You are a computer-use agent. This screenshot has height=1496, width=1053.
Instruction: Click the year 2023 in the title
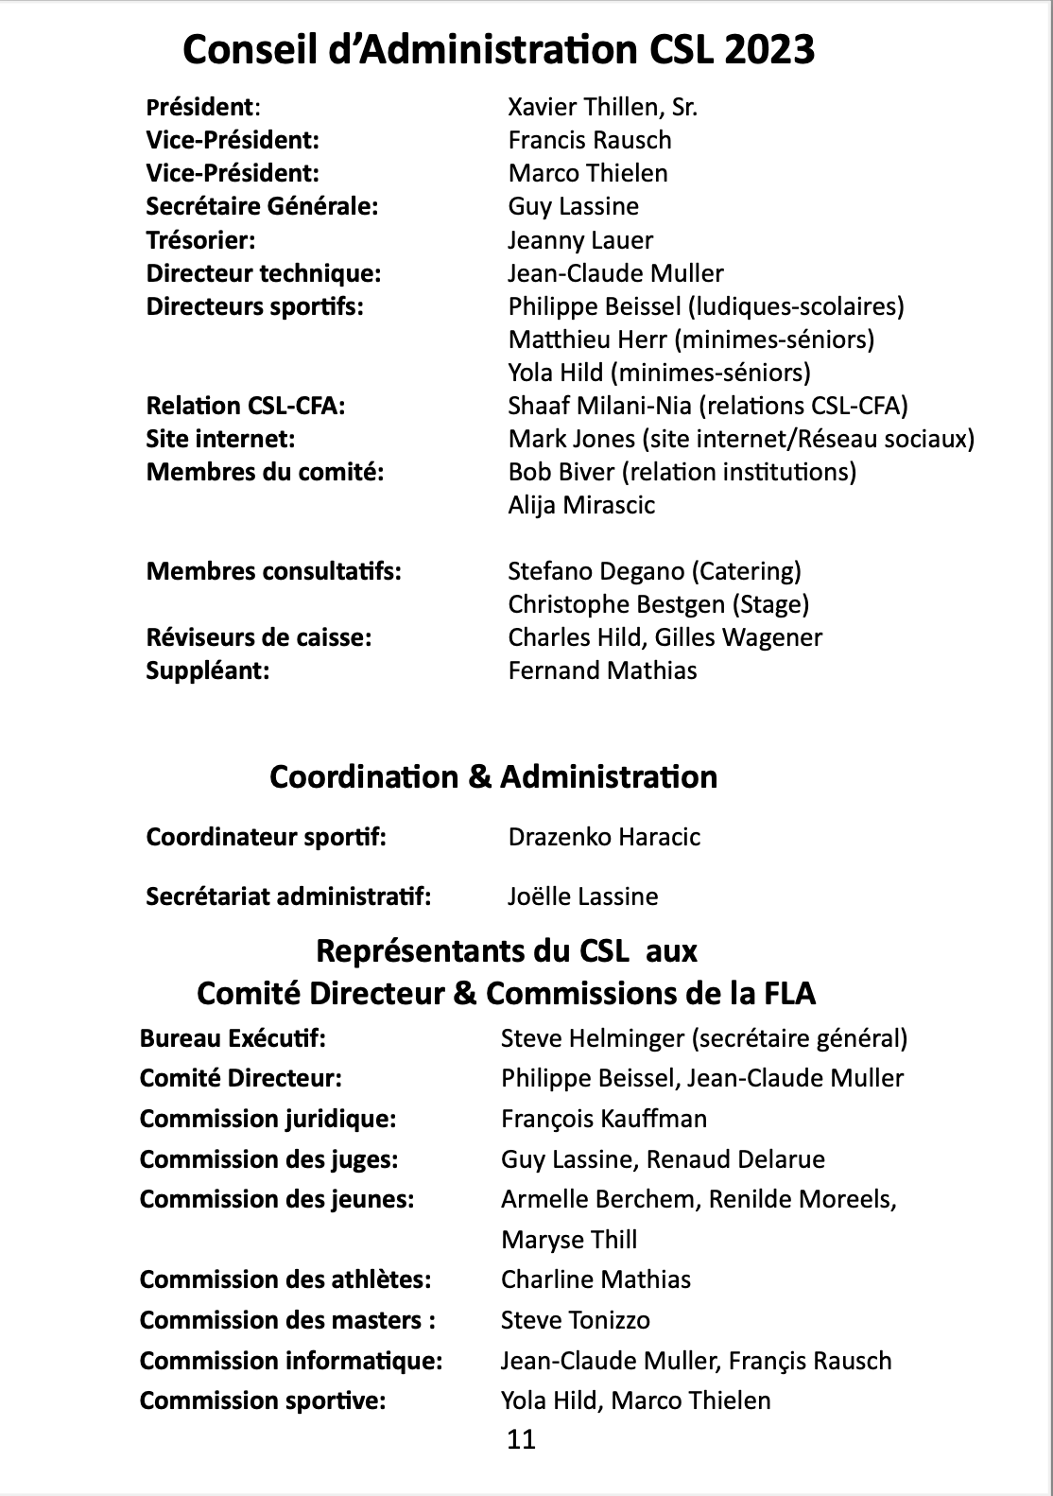tap(769, 48)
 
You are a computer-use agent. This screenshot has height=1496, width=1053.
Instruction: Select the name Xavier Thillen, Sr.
tap(602, 107)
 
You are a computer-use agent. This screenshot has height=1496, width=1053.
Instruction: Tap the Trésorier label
tap(200, 240)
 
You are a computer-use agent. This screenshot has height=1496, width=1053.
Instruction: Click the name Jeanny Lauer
tap(579, 240)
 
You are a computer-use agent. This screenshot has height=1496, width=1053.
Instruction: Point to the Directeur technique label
tap(263, 273)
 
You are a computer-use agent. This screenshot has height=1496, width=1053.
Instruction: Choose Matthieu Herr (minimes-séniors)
tap(690, 339)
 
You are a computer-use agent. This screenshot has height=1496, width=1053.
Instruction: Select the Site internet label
tap(220, 439)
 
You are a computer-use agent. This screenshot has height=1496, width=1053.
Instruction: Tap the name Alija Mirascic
tap(580, 505)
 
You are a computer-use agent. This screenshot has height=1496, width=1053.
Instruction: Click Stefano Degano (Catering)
tap(654, 571)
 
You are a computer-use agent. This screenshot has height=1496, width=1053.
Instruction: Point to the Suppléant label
tap(208, 670)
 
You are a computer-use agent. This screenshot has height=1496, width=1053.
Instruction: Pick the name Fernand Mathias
tap(602, 670)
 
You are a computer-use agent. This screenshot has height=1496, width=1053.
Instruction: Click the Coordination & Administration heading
tap(492, 776)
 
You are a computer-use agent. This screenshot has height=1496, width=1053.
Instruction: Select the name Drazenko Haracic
tap(604, 837)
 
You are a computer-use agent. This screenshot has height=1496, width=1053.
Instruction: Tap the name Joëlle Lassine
tap(582, 896)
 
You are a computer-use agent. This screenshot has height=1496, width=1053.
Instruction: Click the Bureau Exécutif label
tap(233, 1038)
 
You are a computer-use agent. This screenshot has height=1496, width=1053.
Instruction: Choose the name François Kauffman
tap(603, 1119)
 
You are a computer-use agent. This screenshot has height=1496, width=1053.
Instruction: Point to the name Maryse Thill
tap(569, 1240)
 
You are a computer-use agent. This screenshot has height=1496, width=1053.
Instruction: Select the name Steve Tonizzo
tap(575, 1320)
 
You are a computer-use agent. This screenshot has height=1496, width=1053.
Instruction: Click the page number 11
tap(521, 1439)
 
